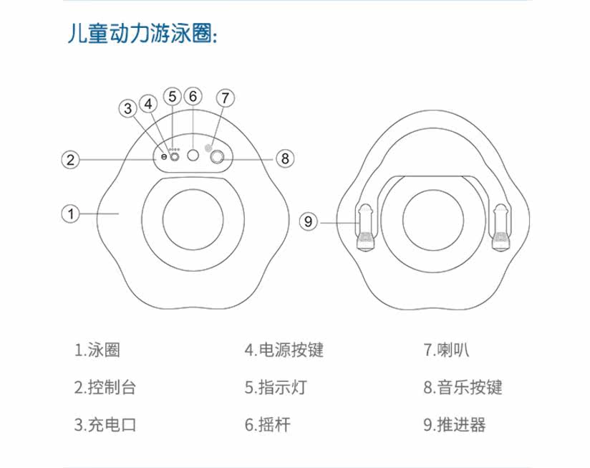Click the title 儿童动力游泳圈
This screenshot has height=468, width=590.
coord(142,34)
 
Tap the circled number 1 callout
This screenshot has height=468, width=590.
coord(69,213)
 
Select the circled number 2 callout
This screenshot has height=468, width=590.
coord(69,159)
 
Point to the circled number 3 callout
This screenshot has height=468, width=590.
coord(128,109)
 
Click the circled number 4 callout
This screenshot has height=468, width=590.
coord(148,103)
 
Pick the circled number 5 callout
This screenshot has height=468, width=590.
coord(172,96)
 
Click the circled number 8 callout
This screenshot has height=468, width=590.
coord(284,158)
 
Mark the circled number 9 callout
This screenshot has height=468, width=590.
coord(309,222)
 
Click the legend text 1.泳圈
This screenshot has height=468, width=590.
coord(97,350)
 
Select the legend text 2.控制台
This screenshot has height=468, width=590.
coord(105,388)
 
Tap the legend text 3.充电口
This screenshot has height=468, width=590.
coord(105,424)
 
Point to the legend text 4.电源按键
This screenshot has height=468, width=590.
coord(284,350)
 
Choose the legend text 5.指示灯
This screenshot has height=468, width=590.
coord(276,388)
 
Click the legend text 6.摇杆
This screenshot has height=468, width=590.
coord(268,424)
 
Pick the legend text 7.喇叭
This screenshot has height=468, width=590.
coord(446,350)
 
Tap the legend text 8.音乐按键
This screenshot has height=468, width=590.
coord(462,388)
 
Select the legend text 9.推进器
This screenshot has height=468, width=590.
coord(454,424)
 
